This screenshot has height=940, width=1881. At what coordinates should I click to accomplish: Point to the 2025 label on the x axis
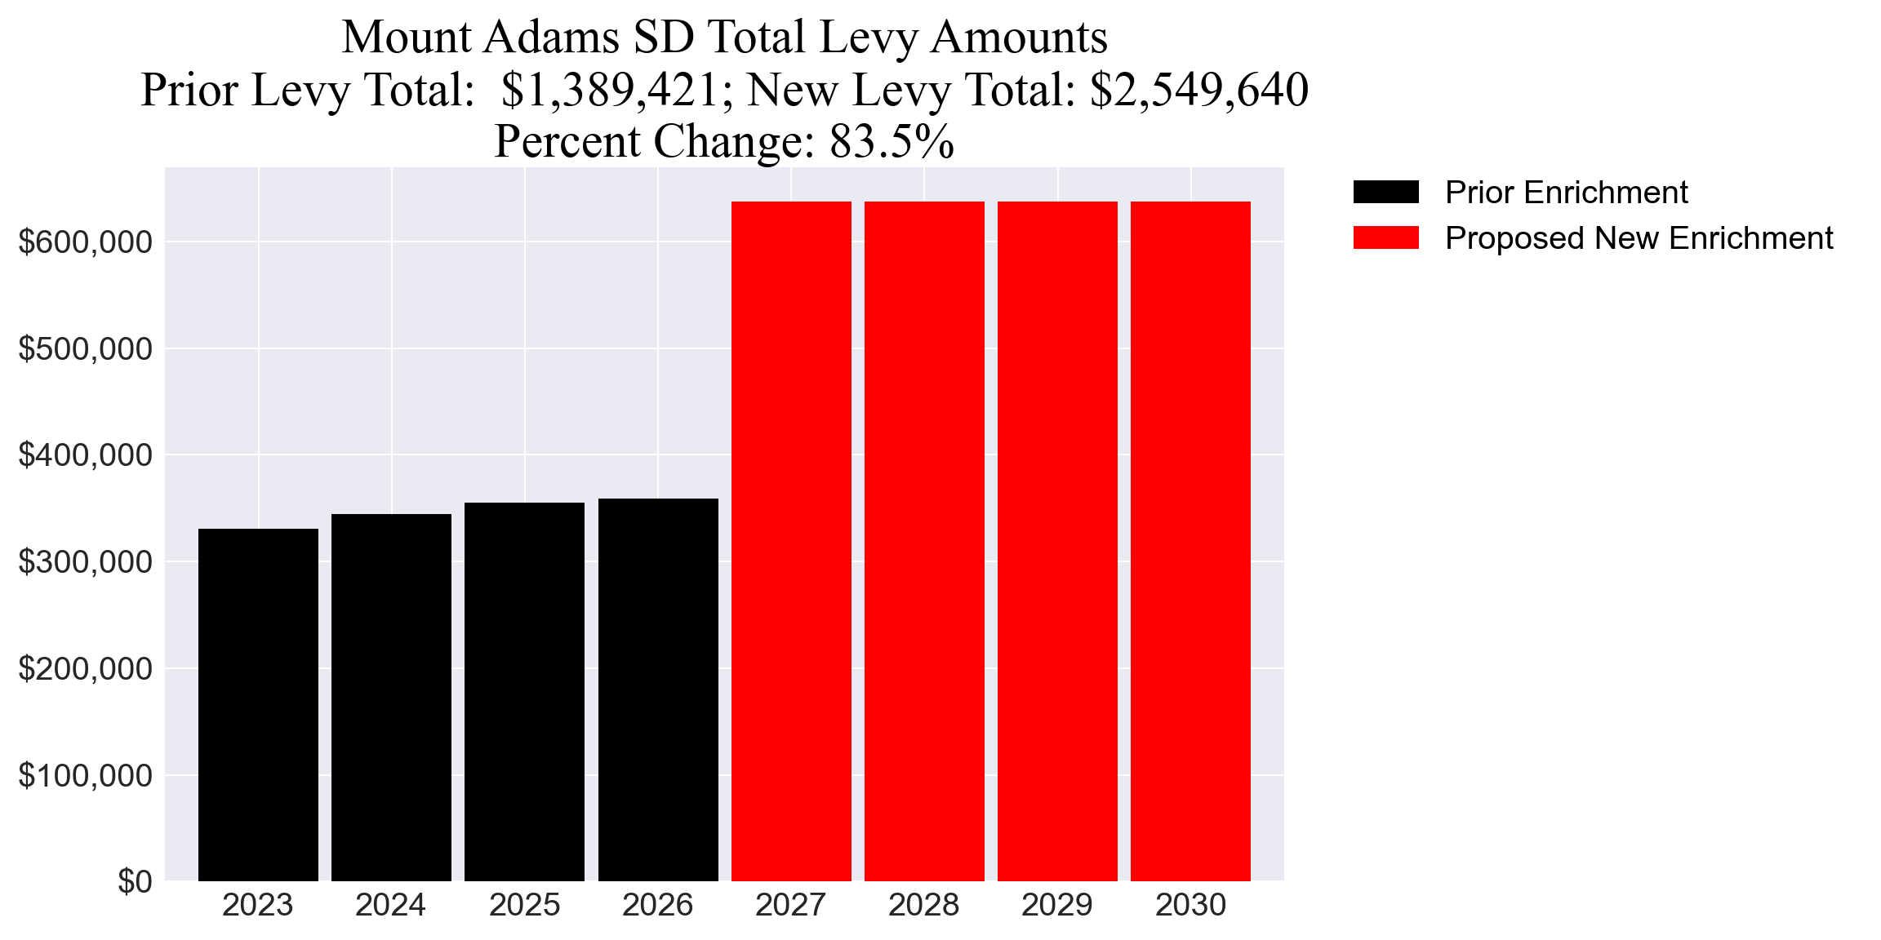(x=524, y=905)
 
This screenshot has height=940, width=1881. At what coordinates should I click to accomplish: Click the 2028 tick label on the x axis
(x=924, y=905)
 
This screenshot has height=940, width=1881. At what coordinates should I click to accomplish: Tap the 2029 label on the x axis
(x=1057, y=905)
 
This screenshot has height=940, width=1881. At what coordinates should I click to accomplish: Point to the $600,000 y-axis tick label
(x=86, y=242)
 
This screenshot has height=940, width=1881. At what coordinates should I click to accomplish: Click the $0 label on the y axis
(x=135, y=882)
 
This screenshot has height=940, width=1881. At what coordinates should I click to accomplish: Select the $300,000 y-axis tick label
(x=86, y=562)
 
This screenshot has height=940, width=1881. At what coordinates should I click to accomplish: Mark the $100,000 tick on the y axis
(x=86, y=776)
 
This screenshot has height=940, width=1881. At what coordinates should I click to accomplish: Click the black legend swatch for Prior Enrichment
(x=1385, y=193)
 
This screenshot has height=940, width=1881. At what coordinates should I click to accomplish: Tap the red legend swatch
(x=1385, y=238)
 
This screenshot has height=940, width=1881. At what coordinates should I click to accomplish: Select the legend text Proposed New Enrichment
(x=1639, y=238)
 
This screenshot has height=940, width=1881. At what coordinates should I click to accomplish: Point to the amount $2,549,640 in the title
(x=1199, y=90)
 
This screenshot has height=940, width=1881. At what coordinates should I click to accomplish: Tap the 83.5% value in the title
(x=892, y=141)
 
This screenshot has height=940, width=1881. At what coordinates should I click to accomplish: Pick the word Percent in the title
(x=568, y=141)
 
